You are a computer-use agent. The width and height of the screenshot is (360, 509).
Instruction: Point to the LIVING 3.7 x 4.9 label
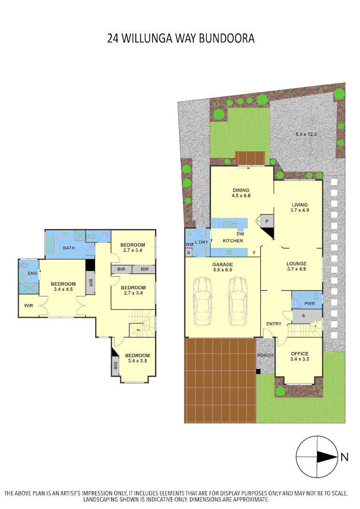pyautogui.click(x=299, y=207)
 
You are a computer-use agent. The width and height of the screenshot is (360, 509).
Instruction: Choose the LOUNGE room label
pyautogui.click(x=297, y=266)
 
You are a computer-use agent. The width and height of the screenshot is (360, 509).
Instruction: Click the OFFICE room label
pyautogui.click(x=299, y=356)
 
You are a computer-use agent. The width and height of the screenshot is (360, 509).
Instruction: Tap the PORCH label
pyautogui.click(x=265, y=355)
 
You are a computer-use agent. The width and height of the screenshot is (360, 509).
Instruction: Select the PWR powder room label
pyautogui.click(x=310, y=304)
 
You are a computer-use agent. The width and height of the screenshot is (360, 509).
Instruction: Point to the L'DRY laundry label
pyautogui.click(x=201, y=242)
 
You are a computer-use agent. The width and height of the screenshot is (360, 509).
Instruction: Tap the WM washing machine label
pyautogui.click(x=189, y=244)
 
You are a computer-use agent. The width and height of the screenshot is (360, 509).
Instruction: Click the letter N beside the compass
pyautogui.click(x=344, y=457)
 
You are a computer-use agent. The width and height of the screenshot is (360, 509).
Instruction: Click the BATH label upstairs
pyautogui.click(x=69, y=248)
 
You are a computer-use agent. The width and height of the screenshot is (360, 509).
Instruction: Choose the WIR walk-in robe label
pyautogui.click(x=29, y=305)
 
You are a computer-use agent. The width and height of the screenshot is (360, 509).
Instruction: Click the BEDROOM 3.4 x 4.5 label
pyautogui.click(x=63, y=287)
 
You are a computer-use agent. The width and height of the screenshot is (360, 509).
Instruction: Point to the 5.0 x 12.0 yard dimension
pyautogui.click(x=306, y=134)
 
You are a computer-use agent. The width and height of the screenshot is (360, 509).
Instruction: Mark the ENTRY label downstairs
pyautogui.click(x=274, y=324)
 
